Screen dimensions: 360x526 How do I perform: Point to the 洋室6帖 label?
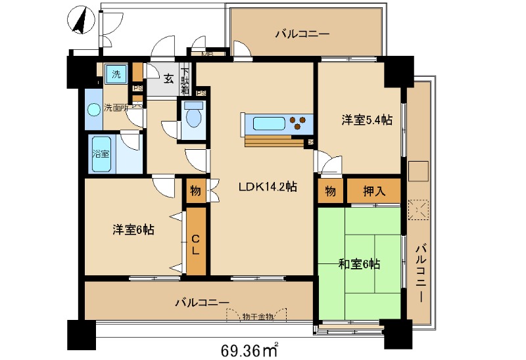click(x=133, y=231)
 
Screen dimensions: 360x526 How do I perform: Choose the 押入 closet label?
click(x=373, y=191)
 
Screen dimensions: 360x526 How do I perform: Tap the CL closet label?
click(x=196, y=243)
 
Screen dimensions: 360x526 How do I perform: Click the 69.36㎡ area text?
click(x=249, y=348)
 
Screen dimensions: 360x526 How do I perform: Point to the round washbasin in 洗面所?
click(x=93, y=108)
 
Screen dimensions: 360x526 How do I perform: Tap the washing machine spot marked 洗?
click(x=116, y=74)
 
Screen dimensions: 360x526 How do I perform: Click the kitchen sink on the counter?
click(x=270, y=123)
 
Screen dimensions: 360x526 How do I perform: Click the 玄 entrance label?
click(x=168, y=79)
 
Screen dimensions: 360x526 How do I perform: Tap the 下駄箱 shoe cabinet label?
click(x=185, y=79)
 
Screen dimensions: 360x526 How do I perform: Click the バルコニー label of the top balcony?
click(x=302, y=33)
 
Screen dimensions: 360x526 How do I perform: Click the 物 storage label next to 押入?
click(x=330, y=191)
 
